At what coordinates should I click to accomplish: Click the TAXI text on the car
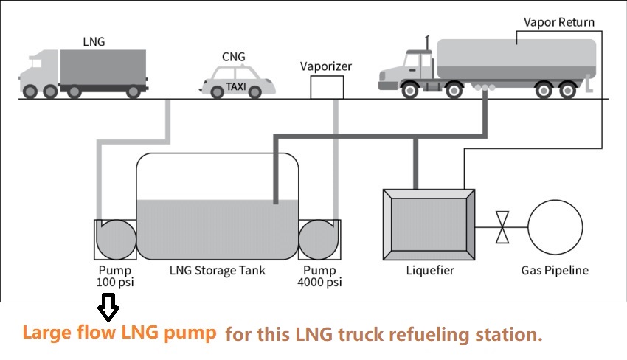tap(236, 86)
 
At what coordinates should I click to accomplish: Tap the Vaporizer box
tap(325, 87)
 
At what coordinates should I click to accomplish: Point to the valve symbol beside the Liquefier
tap(502, 227)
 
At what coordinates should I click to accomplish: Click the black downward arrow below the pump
tap(108, 307)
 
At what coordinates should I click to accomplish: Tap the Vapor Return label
tap(558, 21)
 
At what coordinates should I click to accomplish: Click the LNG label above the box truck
tap(94, 42)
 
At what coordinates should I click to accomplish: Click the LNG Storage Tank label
tap(217, 271)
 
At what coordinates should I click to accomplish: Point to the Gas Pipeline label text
tap(555, 271)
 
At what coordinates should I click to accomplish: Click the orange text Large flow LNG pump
tap(119, 333)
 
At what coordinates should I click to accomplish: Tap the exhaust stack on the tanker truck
tap(427, 48)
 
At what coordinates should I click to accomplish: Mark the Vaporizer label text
tap(326, 66)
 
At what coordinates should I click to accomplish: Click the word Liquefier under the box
tap(430, 271)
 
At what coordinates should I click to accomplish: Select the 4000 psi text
tap(319, 283)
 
